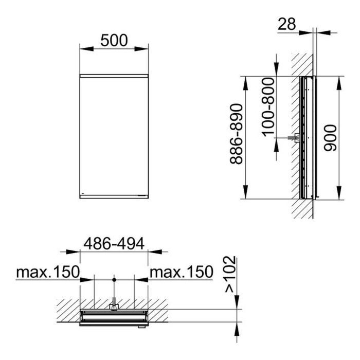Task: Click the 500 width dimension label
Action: point(114,41)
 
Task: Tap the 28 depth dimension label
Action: point(286,24)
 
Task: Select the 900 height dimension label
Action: point(330,138)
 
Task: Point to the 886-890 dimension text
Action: point(236,134)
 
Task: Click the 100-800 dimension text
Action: point(268,107)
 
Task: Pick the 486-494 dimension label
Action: point(114,244)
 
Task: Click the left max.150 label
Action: point(48,272)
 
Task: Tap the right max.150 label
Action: point(182,272)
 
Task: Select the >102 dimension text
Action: point(230,275)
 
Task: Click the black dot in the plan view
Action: point(114,280)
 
